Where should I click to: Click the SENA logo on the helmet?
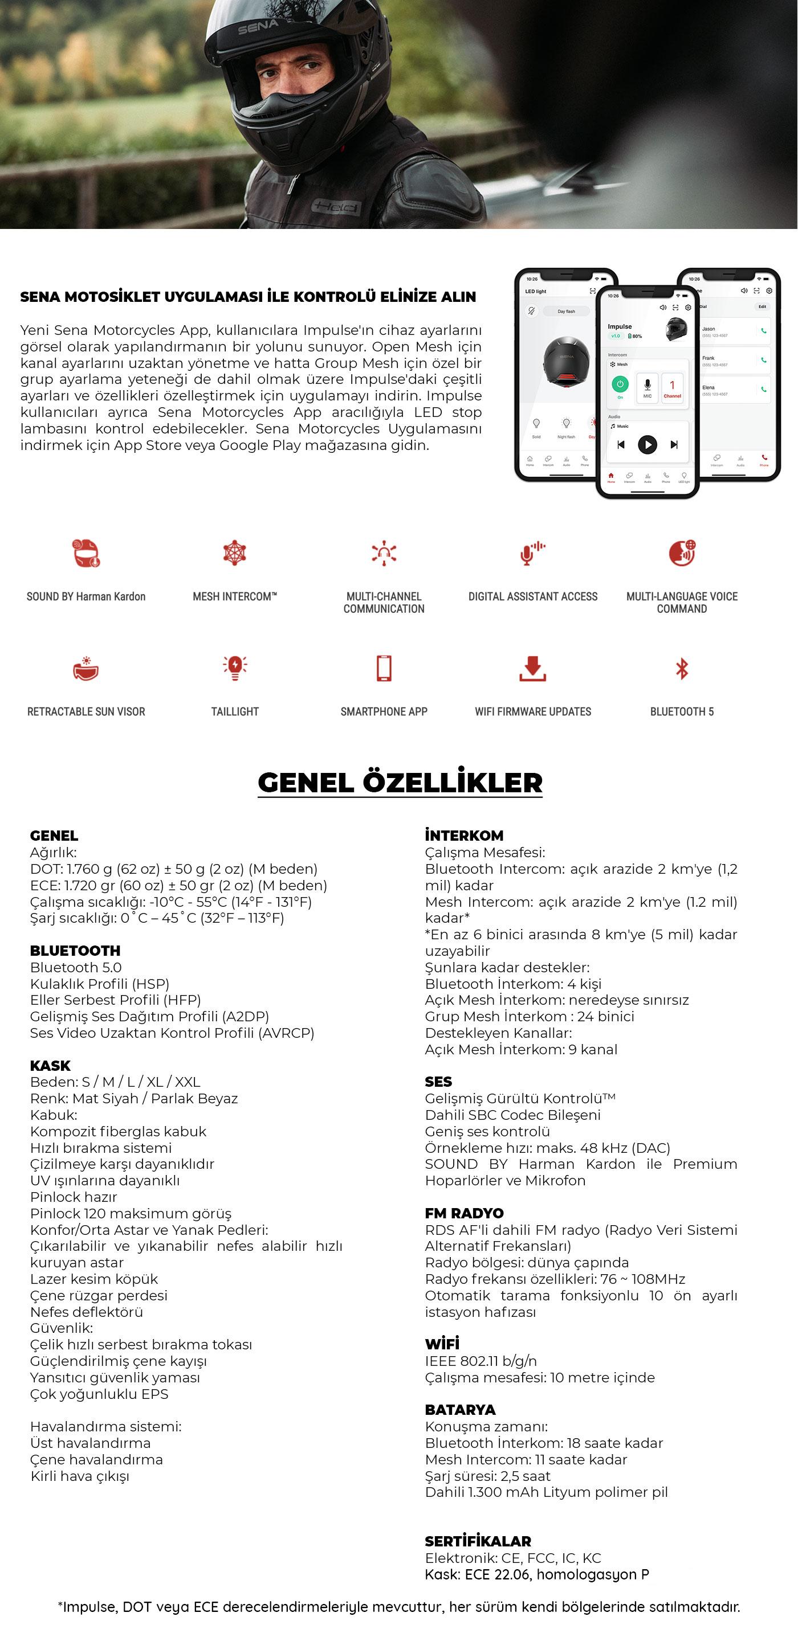click(x=258, y=27)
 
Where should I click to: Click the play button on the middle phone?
click(x=647, y=445)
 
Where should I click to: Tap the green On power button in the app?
click(x=620, y=384)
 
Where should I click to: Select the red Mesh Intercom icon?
click(x=235, y=552)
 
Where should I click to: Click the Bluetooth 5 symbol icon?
click(x=682, y=669)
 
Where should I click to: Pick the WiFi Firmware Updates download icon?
click(x=533, y=669)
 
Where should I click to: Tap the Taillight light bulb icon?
click(x=235, y=668)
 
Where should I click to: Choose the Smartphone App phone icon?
click(x=384, y=669)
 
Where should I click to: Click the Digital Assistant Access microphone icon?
click(x=532, y=552)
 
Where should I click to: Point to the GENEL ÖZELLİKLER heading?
click(x=400, y=782)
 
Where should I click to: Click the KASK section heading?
click(x=50, y=1066)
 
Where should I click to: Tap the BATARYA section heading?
click(x=460, y=1410)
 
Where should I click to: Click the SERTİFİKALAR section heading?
click(x=478, y=1541)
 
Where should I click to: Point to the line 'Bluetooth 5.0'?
click(x=76, y=968)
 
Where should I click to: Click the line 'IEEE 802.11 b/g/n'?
click(x=481, y=1361)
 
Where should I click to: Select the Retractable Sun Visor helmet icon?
click(x=86, y=669)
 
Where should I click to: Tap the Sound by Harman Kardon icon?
click(x=86, y=552)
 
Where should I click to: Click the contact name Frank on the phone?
click(x=708, y=358)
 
